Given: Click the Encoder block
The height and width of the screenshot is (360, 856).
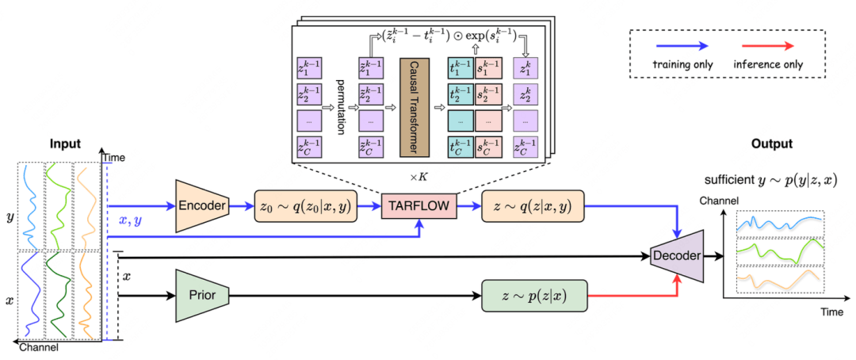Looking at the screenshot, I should pyautogui.click(x=201, y=207).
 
